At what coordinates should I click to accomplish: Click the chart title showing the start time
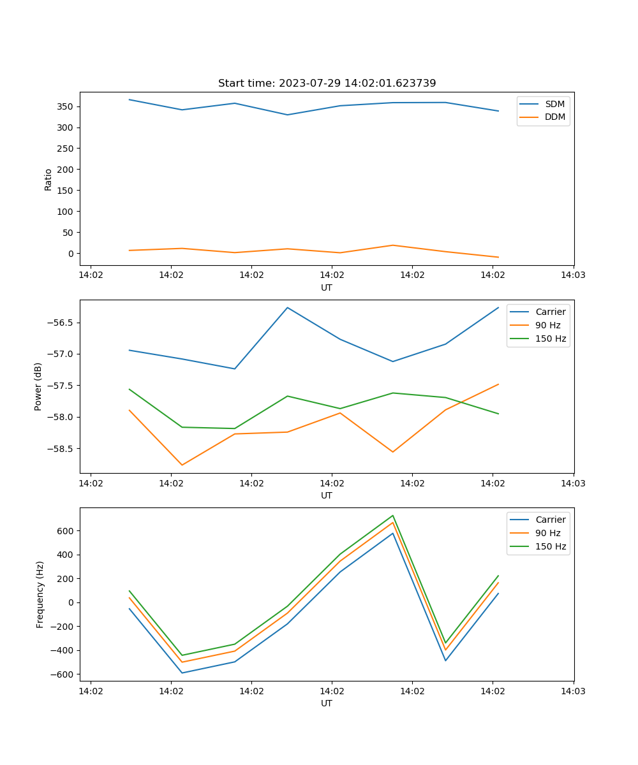click(x=327, y=84)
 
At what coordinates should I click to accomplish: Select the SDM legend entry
click(x=554, y=104)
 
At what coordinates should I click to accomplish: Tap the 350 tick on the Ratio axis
click(x=66, y=106)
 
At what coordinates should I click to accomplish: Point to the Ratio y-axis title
click(x=48, y=180)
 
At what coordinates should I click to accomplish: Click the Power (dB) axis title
click(x=38, y=386)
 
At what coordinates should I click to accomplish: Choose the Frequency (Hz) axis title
click(x=40, y=594)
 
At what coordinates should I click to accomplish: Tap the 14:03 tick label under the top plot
click(x=573, y=275)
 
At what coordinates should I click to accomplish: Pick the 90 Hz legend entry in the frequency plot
click(x=547, y=533)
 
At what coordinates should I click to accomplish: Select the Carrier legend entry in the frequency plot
click(x=550, y=520)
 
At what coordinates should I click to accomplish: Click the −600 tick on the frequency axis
click(x=63, y=674)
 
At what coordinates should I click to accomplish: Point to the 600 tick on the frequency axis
click(x=66, y=531)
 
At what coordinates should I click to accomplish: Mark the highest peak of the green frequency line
click(x=393, y=515)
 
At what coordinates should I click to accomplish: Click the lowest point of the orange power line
click(x=182, y=465)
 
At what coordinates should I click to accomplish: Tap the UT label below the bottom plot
click(x=327, y=703)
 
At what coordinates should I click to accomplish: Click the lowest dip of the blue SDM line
click(x=287, y=115)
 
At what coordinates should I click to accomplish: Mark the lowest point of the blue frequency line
click(x=182, y=673)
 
